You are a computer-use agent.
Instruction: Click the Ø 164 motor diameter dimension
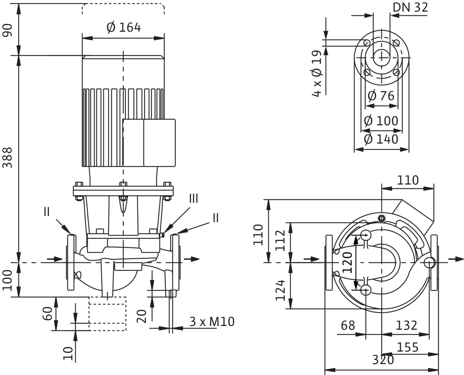tap(124, 28)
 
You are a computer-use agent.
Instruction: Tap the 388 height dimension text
tap(8, 158)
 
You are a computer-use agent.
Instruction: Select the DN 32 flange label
tap(410, 7)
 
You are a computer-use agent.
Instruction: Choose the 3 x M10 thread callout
tap(212, 321)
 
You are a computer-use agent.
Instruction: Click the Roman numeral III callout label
tap(194, 198)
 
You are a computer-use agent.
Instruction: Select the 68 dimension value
tap(348, 325)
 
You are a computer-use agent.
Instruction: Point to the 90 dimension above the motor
tap(8, 30)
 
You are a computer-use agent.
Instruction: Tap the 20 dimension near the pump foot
tap(142, 316)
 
